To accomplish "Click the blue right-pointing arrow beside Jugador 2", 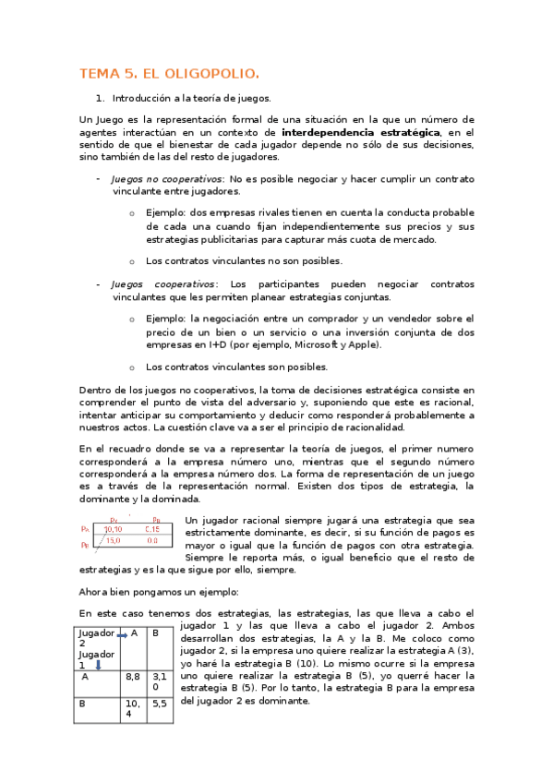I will coord(121,635).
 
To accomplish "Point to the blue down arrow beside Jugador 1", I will coord(98,663).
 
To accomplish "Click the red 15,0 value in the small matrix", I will coord(113,542).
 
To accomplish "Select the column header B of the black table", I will coord(155,633).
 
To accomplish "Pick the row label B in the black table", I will coord(85,702).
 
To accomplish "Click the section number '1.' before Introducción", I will coord(101,97).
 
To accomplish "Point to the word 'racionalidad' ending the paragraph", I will coord(370,428).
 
